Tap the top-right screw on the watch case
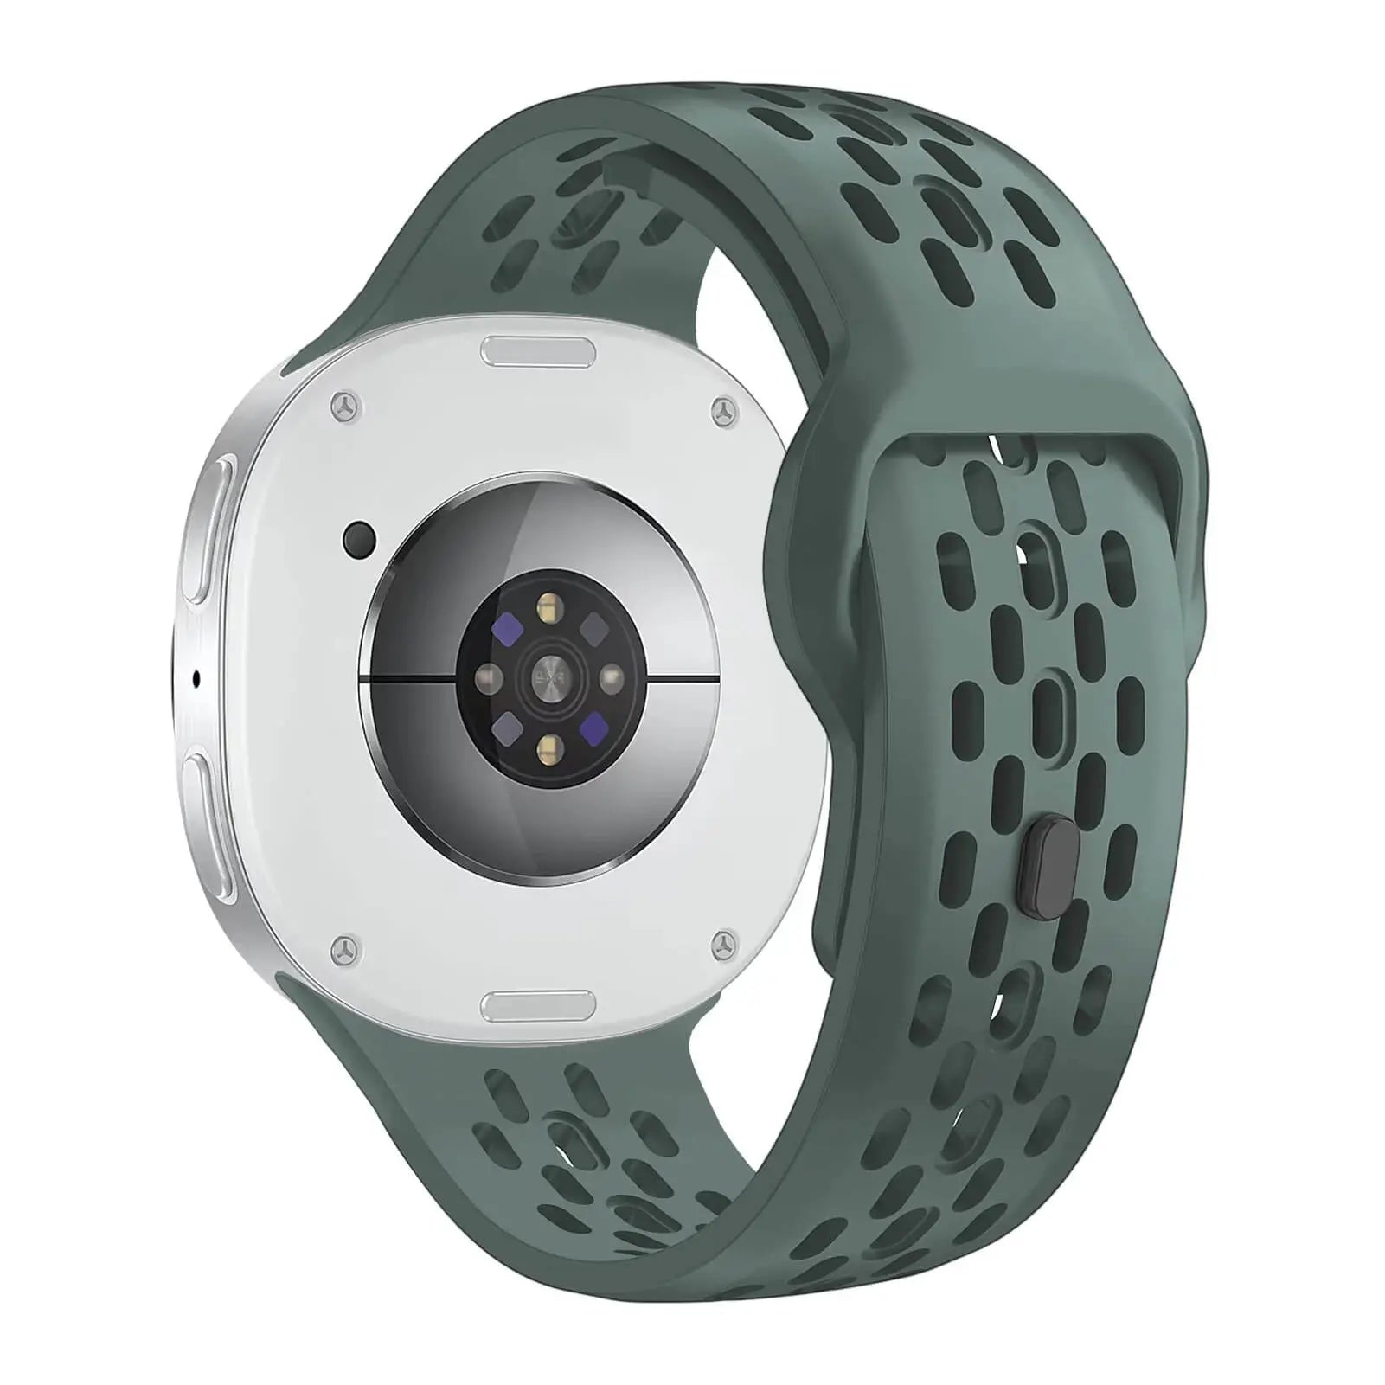coord(722,413)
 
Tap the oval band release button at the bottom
coord(537,1005)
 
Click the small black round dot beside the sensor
coord(359,540)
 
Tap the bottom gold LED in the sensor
coord(548,743)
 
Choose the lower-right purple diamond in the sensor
coord(594,721)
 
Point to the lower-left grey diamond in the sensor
coord(506,722)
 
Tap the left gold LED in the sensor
coord(491,675)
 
